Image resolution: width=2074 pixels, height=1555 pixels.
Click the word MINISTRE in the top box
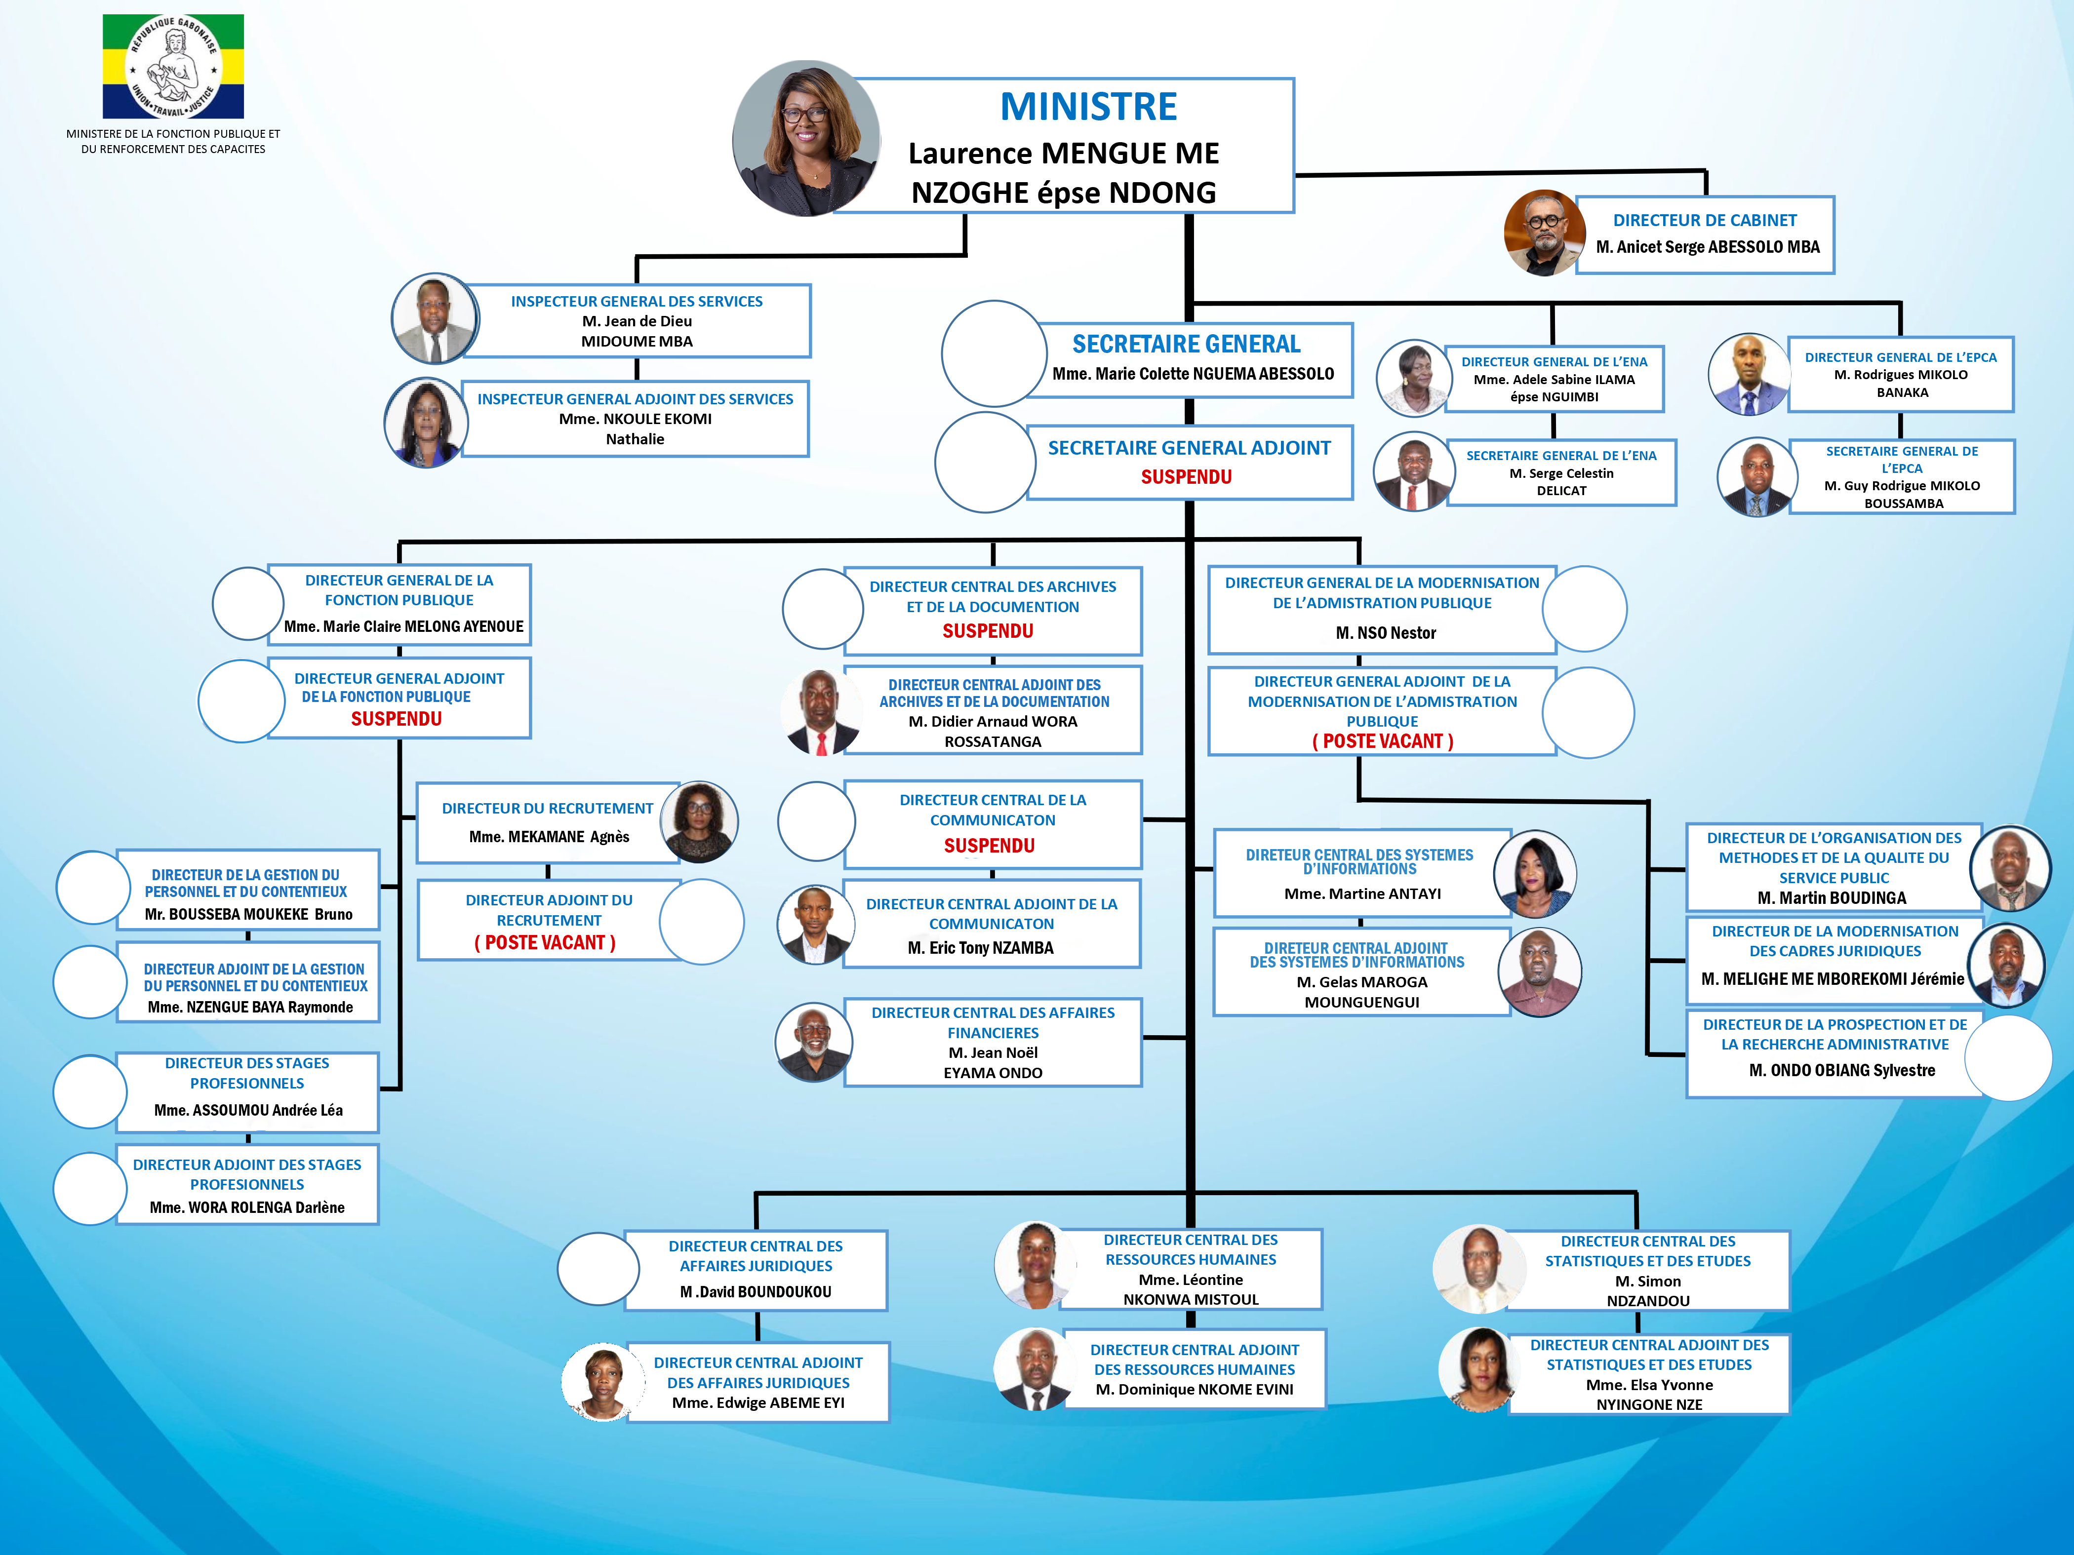tap(1088, 107)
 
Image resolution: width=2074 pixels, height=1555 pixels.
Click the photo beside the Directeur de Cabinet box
tap(1543, 233)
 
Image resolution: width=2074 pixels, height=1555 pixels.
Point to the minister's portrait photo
tap(805, 139)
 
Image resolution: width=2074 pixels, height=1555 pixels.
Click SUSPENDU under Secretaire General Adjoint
tap(1186, 477)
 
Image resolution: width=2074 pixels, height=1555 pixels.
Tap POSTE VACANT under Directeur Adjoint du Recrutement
tap(545, 943)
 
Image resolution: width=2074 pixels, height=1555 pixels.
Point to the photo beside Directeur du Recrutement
tap(699, 822)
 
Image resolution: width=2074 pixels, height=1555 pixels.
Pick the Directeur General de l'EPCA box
tap(1901, 375)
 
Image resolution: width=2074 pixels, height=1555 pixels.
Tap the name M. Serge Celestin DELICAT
tap(1561, 482)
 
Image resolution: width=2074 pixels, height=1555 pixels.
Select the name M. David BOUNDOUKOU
tap(756, 1291)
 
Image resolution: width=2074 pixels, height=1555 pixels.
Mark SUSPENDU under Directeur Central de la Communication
tap(989, 846)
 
